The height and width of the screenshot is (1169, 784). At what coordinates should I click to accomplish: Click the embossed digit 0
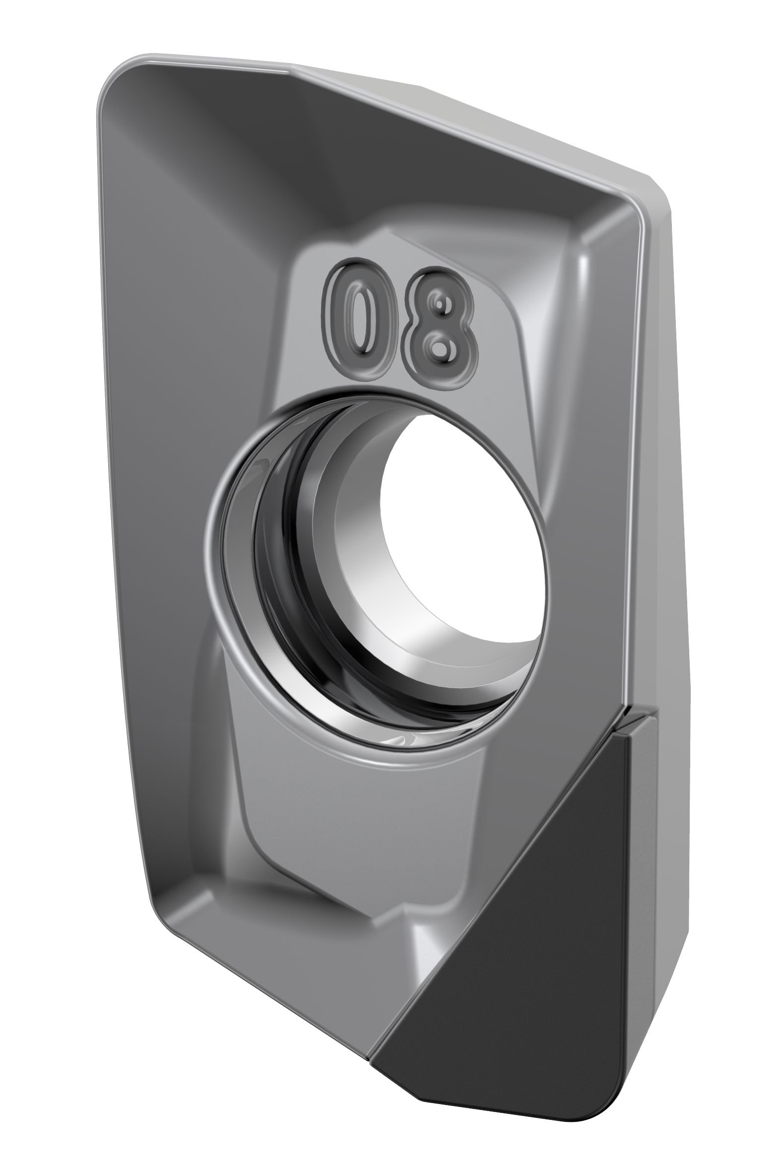tap(356, 318)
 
